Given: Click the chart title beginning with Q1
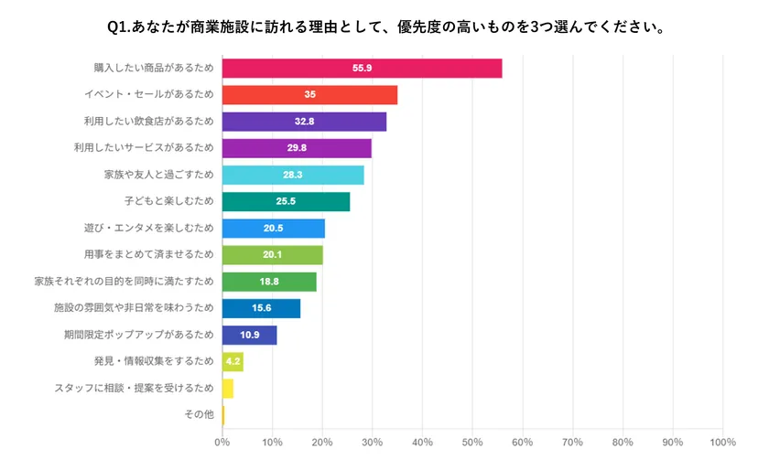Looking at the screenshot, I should tap(384, 27).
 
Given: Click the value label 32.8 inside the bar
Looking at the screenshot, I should tap(304, 122).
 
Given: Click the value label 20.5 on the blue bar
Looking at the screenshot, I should tap(273, 229).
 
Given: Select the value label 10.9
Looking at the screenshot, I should tap(249, 335).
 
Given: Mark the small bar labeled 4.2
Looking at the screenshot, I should tap(233, 361).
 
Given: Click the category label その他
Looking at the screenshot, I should tap(199, 414).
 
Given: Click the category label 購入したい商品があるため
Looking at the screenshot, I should tap(153, 69).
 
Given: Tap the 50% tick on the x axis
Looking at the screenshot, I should tap(472, 443).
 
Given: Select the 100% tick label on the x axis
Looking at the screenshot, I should tap(722, 443).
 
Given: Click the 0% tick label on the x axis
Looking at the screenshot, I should tap(222, 443).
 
